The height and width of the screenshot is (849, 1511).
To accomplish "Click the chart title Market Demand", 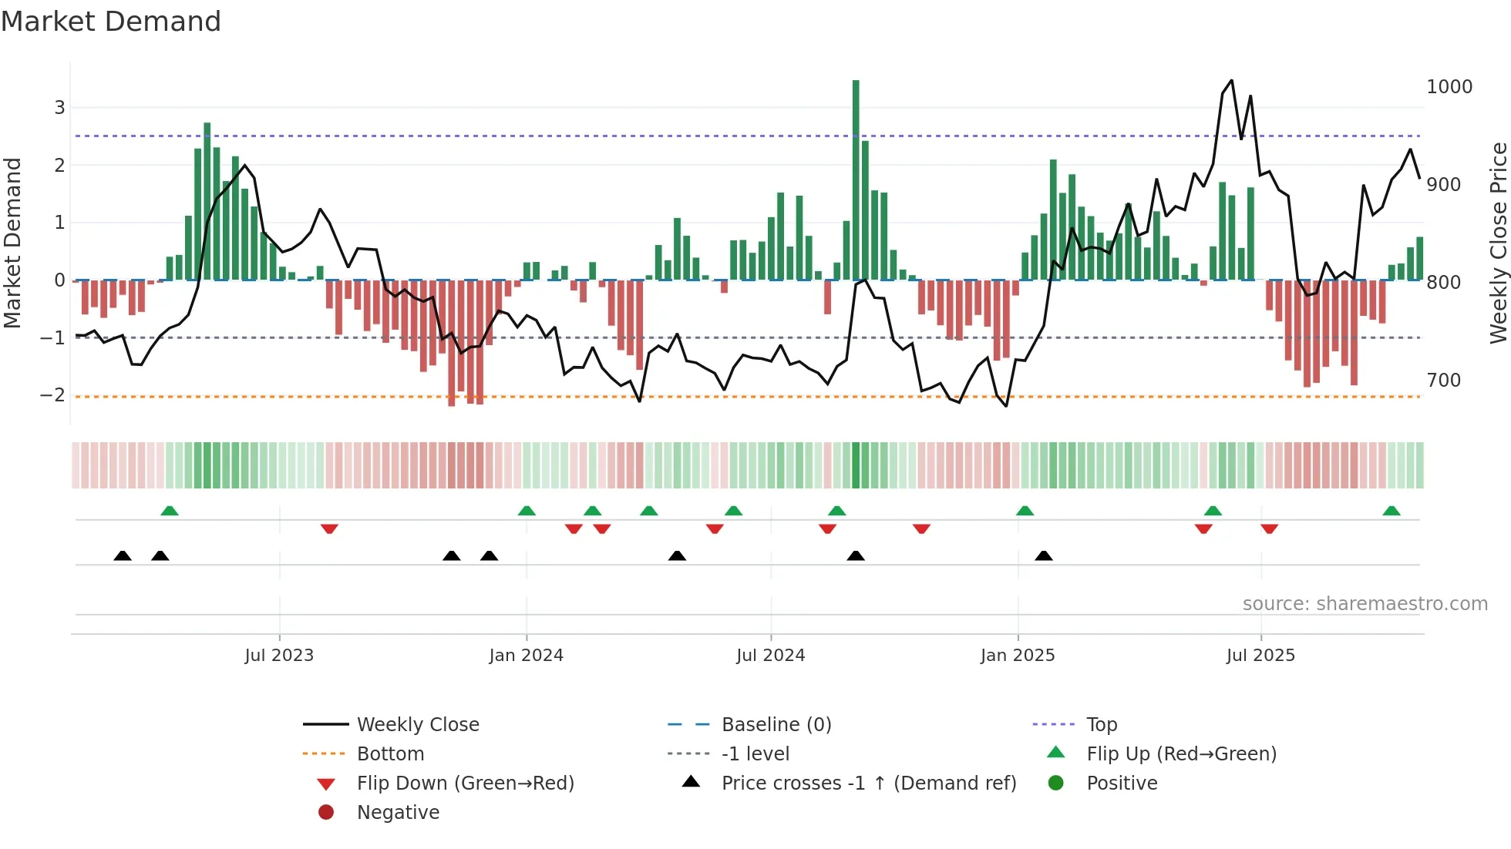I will (111, 22).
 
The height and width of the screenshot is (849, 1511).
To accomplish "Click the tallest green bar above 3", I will (856, 177).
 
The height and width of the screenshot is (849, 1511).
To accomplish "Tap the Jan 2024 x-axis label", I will (526, 656).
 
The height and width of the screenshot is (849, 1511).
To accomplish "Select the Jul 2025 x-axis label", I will (1260, 656).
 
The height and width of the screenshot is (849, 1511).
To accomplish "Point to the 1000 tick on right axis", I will (1449, 87).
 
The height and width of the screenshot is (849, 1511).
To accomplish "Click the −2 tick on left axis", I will (52, 395).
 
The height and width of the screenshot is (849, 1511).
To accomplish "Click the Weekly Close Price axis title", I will (1498, 243).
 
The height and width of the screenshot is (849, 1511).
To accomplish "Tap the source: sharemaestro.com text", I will (1365, 604).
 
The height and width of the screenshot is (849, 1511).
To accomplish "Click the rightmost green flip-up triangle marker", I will (1392, 511).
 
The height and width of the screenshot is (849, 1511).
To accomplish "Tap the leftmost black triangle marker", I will (123, 555).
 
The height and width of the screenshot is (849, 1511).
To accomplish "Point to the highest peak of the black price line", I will (1231, 81).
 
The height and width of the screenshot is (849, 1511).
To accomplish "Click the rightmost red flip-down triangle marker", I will (1270, 529).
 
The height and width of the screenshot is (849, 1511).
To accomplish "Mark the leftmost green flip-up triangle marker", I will (170, 511).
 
